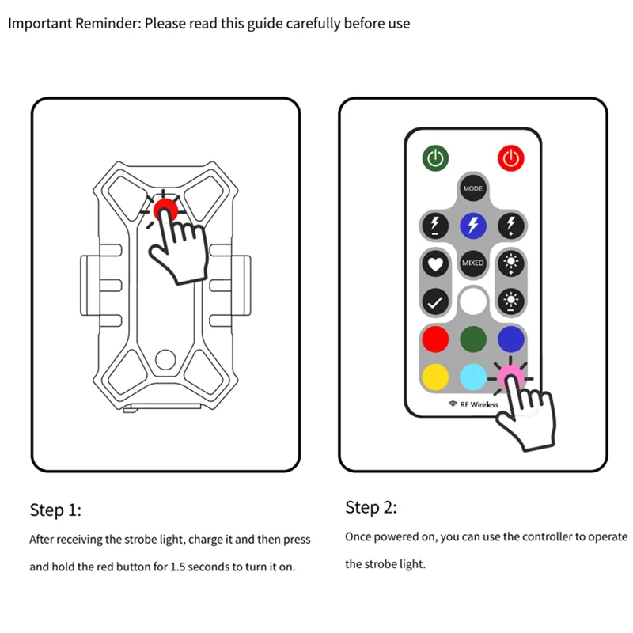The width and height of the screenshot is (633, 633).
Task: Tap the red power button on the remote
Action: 511,157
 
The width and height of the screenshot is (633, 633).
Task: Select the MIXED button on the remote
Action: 472,263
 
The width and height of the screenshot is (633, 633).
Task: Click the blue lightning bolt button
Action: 472,226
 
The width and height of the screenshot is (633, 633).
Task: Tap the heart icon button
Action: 435,263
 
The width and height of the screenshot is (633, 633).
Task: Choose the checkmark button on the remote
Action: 435,301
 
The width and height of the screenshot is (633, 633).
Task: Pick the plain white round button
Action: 472,301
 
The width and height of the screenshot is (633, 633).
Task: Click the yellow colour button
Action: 435,374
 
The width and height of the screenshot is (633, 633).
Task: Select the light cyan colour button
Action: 472,374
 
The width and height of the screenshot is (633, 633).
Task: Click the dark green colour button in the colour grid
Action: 472,339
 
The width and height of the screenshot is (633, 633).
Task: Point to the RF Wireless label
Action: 474,404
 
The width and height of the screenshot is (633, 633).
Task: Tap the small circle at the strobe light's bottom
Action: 165,359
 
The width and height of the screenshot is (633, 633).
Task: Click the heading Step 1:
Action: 55,510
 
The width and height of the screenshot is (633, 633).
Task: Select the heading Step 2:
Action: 371,507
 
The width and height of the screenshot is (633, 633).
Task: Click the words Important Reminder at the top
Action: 74,23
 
